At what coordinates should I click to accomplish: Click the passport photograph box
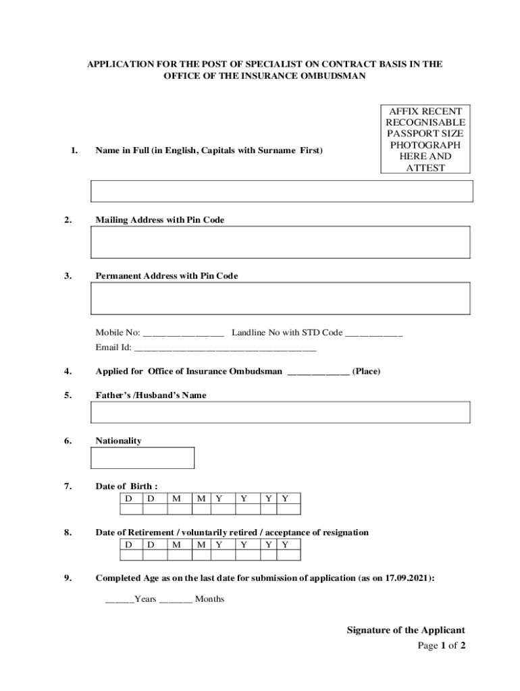click(x=425, y=139)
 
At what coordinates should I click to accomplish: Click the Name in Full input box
click(x=282, y=191)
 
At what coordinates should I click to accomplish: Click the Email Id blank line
click(x=225, y=350)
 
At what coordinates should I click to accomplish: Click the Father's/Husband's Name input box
click(x=280, y=412)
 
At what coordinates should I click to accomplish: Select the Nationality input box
click(x=142, y=458)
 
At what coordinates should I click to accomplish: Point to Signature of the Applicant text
click(x=405, y=630)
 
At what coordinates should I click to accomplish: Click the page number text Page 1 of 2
click(x=442, y=646)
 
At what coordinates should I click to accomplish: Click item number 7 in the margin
click(x=68, y=487)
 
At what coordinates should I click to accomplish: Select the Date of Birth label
click(x=127, y=487)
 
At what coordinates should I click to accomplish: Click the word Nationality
click(x=118, y=441)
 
